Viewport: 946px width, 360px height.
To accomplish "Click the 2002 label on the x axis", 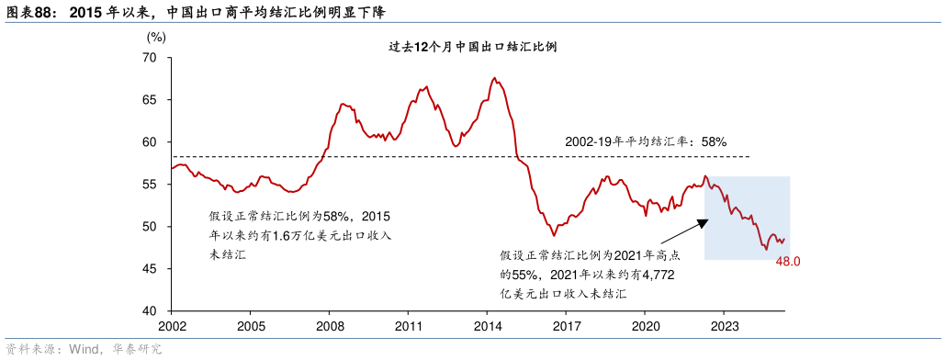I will tap(172, 326).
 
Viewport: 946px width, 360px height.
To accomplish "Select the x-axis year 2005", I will tap(251, 326).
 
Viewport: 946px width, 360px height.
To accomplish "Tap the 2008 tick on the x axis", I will tap(330, 326).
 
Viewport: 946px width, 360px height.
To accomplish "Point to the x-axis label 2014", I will tap(488, 326).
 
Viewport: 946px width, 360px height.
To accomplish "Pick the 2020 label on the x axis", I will tap(646, 326).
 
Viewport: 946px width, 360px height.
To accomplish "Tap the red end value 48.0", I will tap(789, 262).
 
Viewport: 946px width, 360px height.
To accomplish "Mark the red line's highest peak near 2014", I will tap(495, 78).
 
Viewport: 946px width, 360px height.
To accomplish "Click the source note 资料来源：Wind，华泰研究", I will tap(84, 349).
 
